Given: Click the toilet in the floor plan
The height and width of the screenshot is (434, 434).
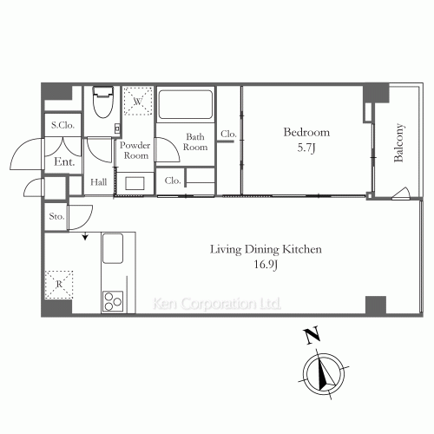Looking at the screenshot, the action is pos(102,102).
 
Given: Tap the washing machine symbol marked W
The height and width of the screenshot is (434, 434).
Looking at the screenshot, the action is pos(138,101).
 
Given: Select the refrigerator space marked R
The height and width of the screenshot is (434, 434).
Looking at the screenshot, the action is pos(59,285).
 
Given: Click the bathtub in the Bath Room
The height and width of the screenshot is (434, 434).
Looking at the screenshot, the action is pos(186,104).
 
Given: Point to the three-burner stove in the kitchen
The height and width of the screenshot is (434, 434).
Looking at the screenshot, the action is pos(113,301).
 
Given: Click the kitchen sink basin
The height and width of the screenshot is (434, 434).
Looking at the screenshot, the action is pos(113,248).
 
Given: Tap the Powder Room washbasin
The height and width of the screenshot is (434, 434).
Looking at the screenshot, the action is pos(135,183).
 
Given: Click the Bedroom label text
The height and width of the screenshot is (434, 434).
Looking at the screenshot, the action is pos(306,132).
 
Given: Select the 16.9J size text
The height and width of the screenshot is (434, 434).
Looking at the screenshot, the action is pos(266,265).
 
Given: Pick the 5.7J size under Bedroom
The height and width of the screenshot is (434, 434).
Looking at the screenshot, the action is pos(306,148).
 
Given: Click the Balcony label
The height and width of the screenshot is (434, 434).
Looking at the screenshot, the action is pos(398,142).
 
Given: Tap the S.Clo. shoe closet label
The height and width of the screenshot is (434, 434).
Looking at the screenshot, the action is pos(62,125).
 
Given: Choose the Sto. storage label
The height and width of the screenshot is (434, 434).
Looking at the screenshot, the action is pos(56,216).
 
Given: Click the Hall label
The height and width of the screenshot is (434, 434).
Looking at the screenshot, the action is pos(99,182).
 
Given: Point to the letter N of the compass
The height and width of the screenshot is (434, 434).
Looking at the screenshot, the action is pos(312,335).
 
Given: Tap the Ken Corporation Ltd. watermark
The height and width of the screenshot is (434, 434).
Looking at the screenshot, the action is pos(217,304).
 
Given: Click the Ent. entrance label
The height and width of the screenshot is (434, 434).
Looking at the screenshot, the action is pos(64,161).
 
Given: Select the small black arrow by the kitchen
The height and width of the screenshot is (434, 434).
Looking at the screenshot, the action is pos(85,236).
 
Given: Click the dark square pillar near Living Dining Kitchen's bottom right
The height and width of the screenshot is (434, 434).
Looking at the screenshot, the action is pos(376,306).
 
